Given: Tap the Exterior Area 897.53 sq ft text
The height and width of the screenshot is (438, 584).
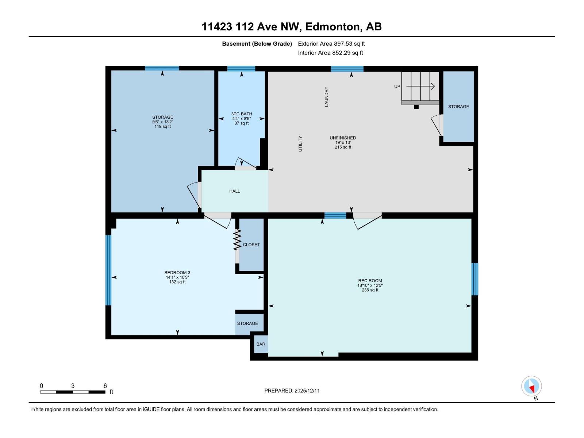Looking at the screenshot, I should (331, 44).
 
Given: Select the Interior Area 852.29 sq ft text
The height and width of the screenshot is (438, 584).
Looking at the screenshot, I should (330, 53).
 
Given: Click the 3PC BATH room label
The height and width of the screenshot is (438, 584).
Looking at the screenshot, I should (242, 114).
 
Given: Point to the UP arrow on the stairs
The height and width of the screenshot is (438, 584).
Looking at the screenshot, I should (420, 87).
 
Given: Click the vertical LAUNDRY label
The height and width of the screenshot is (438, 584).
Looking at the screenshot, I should (327, 97).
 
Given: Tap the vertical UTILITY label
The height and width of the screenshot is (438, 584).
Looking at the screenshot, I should (300, 144).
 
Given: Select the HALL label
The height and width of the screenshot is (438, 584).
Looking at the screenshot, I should (235, 191).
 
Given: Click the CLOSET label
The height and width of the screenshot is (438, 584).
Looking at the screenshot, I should (251, 245).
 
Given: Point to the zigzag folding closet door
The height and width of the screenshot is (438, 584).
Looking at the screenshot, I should (237, 239).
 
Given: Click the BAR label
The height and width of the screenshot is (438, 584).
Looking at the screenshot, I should (261, 344).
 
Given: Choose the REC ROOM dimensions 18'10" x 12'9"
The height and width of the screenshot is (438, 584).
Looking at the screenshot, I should (370, 285).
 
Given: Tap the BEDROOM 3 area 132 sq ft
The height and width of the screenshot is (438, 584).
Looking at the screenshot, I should (177, 282).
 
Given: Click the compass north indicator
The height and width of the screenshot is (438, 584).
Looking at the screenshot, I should (531, 386).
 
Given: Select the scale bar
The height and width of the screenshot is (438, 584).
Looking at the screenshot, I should (73, 392).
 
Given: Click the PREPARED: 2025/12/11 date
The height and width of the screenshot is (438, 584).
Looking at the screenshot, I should (292, 391).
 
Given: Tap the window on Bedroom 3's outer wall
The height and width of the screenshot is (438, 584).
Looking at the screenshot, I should (108, 270).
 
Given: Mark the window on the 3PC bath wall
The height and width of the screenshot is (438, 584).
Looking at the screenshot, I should (241, 69).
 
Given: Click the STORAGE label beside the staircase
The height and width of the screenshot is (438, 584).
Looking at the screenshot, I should (458, 107).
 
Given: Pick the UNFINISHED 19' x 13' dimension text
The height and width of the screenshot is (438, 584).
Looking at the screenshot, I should (343, 142).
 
